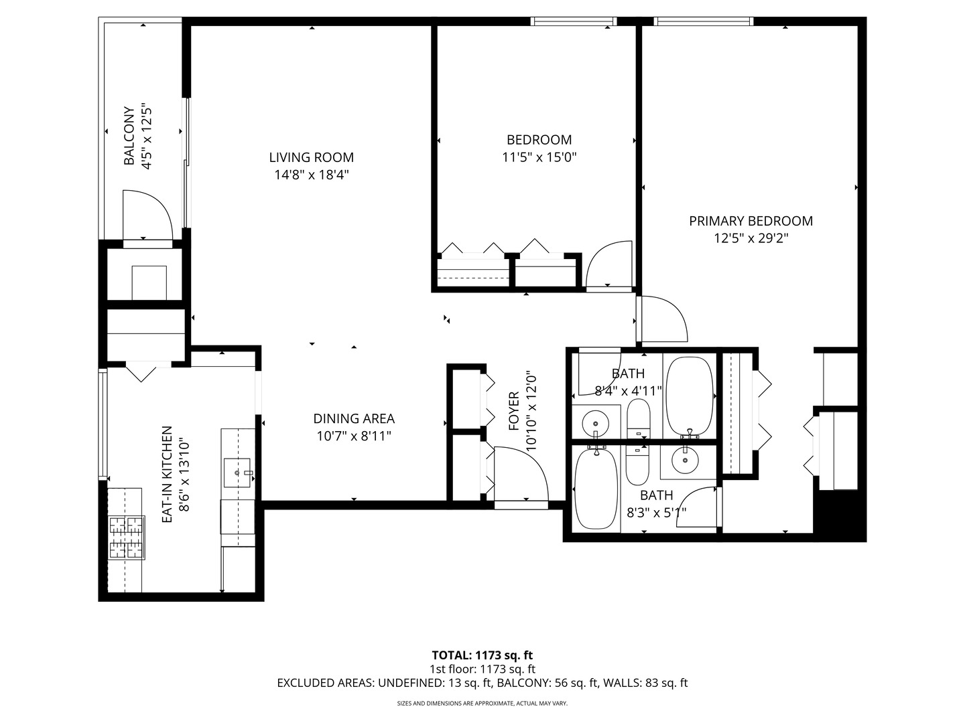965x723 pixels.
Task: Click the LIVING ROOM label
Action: [311, 157]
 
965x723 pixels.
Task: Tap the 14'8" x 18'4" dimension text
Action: [311, 175]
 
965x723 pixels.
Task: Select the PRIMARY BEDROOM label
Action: [751, 221]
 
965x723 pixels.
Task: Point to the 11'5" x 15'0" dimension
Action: [539, 157]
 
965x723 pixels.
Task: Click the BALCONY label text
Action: [129, 136]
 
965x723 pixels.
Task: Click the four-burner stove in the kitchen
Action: [127, 538]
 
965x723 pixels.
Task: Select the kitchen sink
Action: [237, 473]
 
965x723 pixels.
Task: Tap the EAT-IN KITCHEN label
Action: [168, 474]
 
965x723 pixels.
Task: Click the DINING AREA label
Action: [354, 418]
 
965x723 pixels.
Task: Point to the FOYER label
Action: [514, 411]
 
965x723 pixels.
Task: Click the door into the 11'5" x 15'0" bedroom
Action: [608, 265]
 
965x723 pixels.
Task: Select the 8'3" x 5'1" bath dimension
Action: [656, 513]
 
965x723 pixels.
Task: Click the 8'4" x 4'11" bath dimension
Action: [628, 390]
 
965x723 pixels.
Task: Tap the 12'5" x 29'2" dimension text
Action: [751, 238]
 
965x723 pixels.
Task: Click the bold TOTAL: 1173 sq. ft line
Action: [482, 655]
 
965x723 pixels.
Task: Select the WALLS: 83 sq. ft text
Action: [645, 683]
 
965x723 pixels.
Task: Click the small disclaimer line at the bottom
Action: [482, 704]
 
